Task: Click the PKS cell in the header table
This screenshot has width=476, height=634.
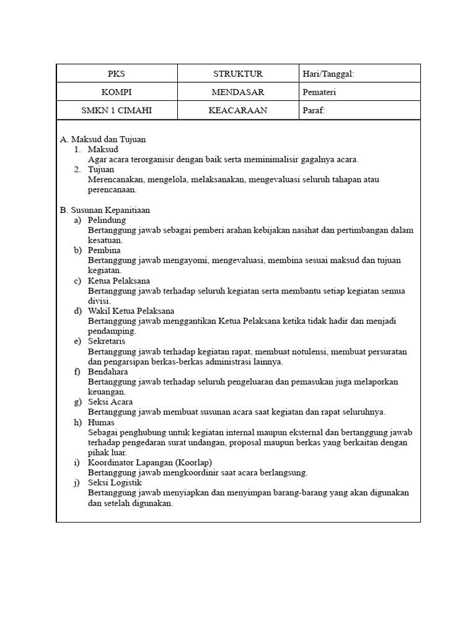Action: [x=117, y=74]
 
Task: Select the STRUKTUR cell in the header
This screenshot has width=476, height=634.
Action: [x=238, y=74]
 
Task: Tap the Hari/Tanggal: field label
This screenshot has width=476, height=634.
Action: [x=328, y=74]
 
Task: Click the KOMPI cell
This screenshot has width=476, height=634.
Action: [x=117, y=92]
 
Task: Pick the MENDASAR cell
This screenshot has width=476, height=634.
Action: [x=238, y=92]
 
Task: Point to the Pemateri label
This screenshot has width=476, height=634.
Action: [x=319, y=92]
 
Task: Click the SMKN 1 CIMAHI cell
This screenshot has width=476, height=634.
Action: [x=117, y=111]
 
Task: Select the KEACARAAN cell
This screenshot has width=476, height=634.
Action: [x=238, y=111]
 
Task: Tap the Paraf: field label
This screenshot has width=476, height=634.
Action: [x=314, y=111]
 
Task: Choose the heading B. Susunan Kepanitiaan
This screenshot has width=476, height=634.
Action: [x=105, y=210]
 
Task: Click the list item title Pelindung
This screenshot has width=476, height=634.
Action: [x=107, y=220]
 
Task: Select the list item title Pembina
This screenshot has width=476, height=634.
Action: [x=104, y=250]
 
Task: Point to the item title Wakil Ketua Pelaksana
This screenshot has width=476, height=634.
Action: [x=131, y=311]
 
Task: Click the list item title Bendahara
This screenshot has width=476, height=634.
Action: [x=108, y=371]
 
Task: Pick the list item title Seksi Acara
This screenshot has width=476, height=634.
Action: [x=110, y=402]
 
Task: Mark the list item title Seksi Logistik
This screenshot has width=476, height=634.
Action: [x=115, y=483]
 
